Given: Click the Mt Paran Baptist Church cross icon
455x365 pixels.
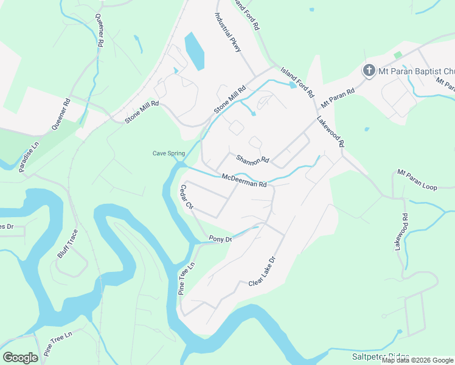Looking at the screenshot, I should click(369, 71).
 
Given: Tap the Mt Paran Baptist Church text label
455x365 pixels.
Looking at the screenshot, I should click(416, 71).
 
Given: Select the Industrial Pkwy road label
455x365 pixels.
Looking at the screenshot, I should click(228, 34).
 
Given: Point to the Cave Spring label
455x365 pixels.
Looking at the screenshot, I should click(168, 153).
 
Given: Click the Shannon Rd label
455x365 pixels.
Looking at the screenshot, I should click(252, 159).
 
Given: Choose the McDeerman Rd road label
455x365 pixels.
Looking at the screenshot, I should click(244, 180).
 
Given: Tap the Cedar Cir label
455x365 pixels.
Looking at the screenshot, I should click(186, 198).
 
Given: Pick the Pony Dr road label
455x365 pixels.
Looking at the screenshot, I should click(220, 239).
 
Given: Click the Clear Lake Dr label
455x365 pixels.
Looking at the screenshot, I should click(262, 271).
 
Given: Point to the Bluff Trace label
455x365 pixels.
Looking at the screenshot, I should click(68, 243).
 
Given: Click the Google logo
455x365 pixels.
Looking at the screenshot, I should click(20, 358).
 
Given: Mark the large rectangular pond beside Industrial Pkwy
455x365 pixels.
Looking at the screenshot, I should click(195, 52).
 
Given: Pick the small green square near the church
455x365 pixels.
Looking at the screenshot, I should click(398, 55).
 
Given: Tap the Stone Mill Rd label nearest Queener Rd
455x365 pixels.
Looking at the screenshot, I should click(142, 112).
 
